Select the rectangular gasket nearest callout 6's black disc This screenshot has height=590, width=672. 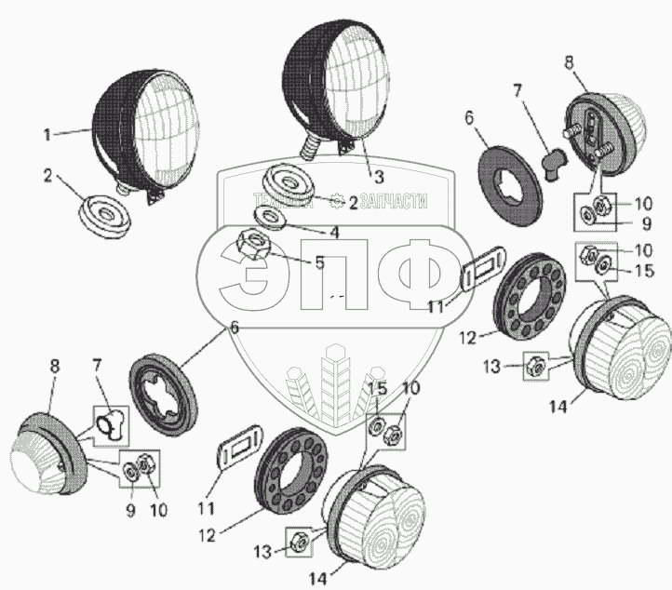click(x=482, y=274)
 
